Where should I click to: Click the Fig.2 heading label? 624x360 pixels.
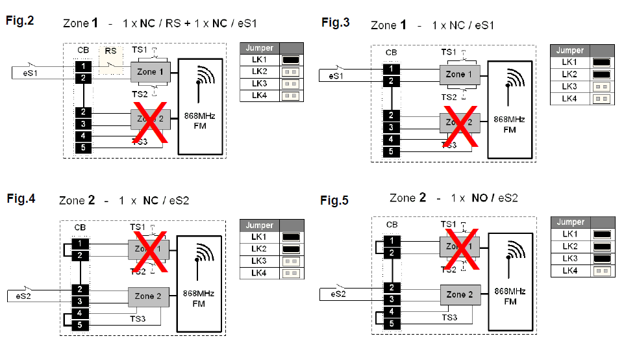coord(20,20)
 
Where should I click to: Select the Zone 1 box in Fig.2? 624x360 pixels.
coord(150,71)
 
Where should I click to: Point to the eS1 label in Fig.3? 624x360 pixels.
coord(336,77)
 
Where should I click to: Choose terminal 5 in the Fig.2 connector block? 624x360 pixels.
coord(82,148)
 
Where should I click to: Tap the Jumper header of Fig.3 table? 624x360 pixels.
coord(570,50)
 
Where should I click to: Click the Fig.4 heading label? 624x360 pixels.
coord(21,198)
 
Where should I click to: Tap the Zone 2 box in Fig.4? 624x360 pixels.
coord(149,296)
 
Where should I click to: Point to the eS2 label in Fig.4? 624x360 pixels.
coord(26,296)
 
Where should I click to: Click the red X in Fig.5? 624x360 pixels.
coord(462,249)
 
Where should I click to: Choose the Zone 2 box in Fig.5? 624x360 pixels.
coord(460,294)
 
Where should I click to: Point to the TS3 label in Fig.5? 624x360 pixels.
coord(449,317)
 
